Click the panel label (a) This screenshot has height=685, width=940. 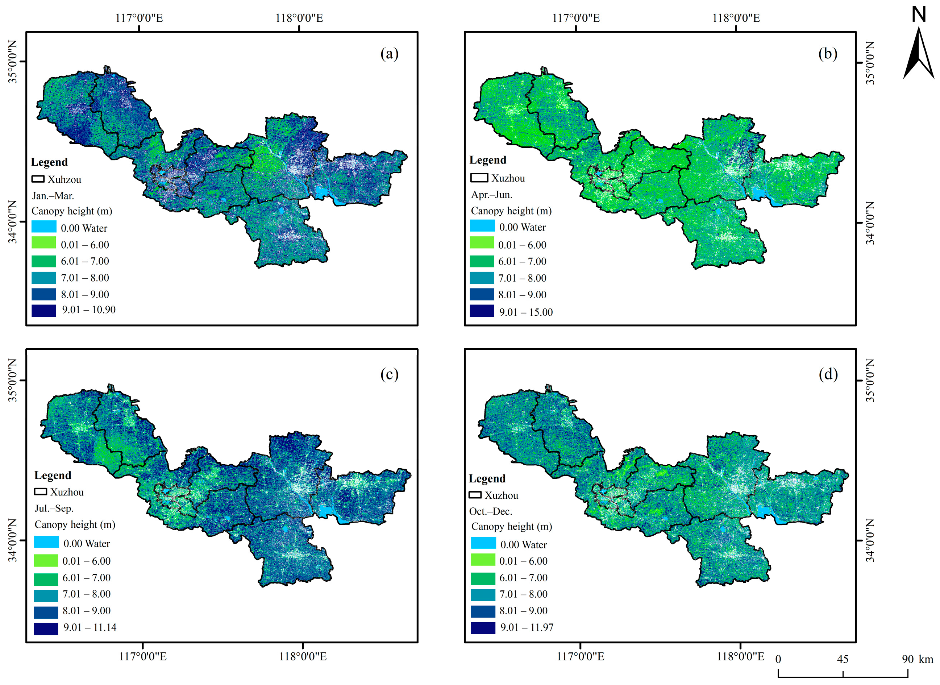[389, 54]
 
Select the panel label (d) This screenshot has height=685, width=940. [828, 374]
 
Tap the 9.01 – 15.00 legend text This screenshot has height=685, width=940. [525, 312]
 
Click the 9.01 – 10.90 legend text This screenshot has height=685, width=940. [89, 310]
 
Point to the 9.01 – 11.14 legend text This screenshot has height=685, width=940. [90, 627]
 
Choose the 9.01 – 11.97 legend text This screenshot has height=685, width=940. [527, 627]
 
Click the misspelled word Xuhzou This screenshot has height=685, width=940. [64, 179]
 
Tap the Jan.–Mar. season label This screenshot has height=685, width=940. [53, 196]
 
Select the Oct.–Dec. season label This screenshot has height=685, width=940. [490, 511]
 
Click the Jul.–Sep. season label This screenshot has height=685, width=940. [54, 508]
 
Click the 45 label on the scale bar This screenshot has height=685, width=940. [842, 659]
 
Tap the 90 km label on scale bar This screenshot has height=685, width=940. [917, 659]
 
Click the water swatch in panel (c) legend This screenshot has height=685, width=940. [46, 542]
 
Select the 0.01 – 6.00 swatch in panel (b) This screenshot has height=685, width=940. [482, 243]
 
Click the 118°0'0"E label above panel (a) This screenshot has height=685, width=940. [299, 18]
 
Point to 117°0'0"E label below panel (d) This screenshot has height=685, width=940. [580, 657]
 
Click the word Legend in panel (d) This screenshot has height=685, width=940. [487, 478]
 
